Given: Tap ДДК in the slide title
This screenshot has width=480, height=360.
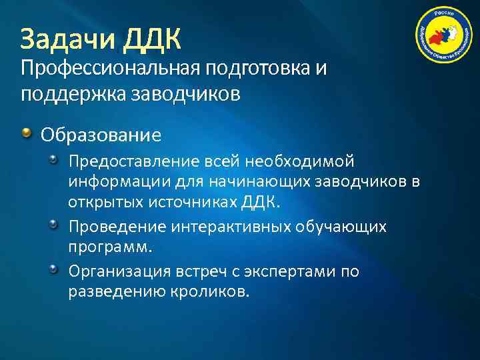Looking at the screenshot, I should (152, 39).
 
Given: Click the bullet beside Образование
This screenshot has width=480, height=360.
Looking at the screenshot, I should (26, 135).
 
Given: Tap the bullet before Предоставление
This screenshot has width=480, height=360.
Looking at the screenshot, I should (54, 161).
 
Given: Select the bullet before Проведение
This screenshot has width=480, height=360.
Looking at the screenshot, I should (54, 227).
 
